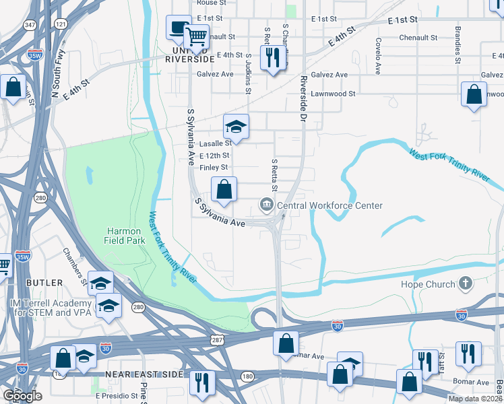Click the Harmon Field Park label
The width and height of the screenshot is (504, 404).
(x=123, y=235)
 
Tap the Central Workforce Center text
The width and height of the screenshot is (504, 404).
(x=329, y=205)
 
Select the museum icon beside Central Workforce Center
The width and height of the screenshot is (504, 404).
(x=267, y=205)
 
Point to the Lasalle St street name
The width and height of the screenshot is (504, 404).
(x=216, y=143)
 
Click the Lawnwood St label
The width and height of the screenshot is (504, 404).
(x=334, y=94)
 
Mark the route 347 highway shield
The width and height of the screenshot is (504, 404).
(x=29, y=24)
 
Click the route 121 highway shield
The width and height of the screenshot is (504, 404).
(x=61, y=24)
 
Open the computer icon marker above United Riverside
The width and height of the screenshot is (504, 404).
(x=179, y=27)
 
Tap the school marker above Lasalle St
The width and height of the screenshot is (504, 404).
(x=237, y=126)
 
